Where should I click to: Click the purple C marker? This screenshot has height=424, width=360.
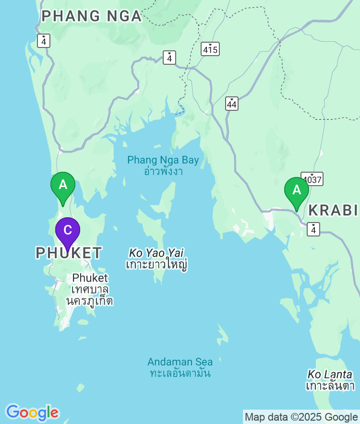[68, 231]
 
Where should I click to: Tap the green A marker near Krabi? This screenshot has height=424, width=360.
[297, 190]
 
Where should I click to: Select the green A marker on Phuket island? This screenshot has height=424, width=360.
[63, 185]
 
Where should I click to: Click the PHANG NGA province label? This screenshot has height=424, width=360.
[91, 16]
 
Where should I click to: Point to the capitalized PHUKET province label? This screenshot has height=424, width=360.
[69, 253]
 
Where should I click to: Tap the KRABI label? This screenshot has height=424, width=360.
[333, 210]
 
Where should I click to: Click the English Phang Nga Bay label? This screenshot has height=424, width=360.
[163, 160]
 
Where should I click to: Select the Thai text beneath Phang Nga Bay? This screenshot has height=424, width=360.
[163, 171]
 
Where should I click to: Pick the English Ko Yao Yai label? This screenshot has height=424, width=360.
[156, 253]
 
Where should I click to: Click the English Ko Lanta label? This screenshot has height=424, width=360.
[330, 374]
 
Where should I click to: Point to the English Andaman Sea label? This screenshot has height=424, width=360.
[180, 362]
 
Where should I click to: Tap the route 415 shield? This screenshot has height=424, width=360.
[210, 49]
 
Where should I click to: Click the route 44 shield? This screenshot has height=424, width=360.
[232, 103]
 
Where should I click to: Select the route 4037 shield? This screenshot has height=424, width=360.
[312, 179]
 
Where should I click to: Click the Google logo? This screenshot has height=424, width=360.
[32, 412]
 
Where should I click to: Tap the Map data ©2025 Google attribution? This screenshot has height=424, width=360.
[301, 417]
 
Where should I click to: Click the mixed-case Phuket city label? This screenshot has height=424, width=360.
[90, 278]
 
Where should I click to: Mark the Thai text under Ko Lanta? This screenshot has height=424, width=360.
[330, 386]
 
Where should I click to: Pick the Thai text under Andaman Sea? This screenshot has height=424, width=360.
[180, 373]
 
